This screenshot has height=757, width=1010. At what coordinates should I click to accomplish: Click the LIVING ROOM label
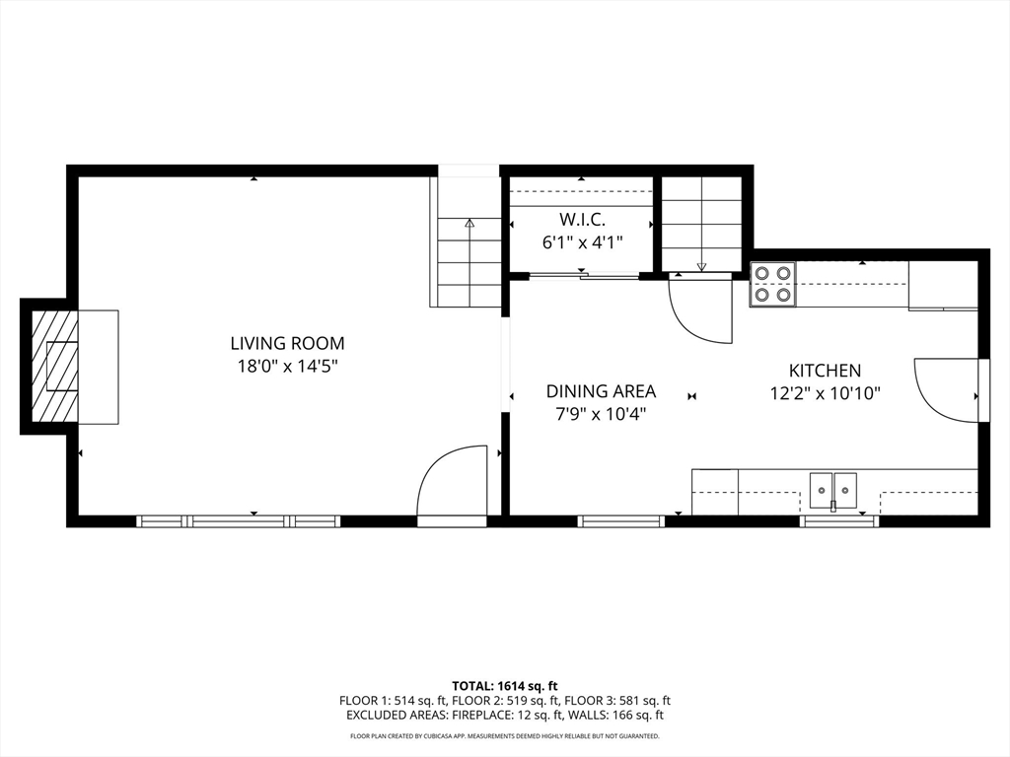[x=287, y=343]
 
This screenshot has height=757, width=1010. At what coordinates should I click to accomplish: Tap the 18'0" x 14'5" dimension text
[x=288, y=367]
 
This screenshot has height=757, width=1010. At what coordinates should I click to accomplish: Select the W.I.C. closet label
[x=582, y=220]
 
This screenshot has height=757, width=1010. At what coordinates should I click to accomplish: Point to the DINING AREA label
[x=601, y=391]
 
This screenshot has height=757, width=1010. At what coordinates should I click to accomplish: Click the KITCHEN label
[x=826, y=371]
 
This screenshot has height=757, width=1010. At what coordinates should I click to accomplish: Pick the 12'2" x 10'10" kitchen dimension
[x=826, y=393]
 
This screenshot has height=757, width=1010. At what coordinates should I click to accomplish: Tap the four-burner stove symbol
[x=773, y=284]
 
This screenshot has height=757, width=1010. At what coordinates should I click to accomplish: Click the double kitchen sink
[x=833, y=490]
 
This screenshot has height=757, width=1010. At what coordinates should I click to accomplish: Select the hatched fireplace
[x=55, y=367]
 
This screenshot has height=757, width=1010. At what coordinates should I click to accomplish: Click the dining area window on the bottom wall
[x=621, y=521]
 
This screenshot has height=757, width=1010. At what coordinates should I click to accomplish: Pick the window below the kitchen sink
[x=839, y=521]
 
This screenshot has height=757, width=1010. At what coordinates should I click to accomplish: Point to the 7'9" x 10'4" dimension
[x=601, y=414]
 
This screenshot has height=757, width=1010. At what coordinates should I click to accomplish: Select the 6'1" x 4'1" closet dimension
[x=582, y=242]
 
